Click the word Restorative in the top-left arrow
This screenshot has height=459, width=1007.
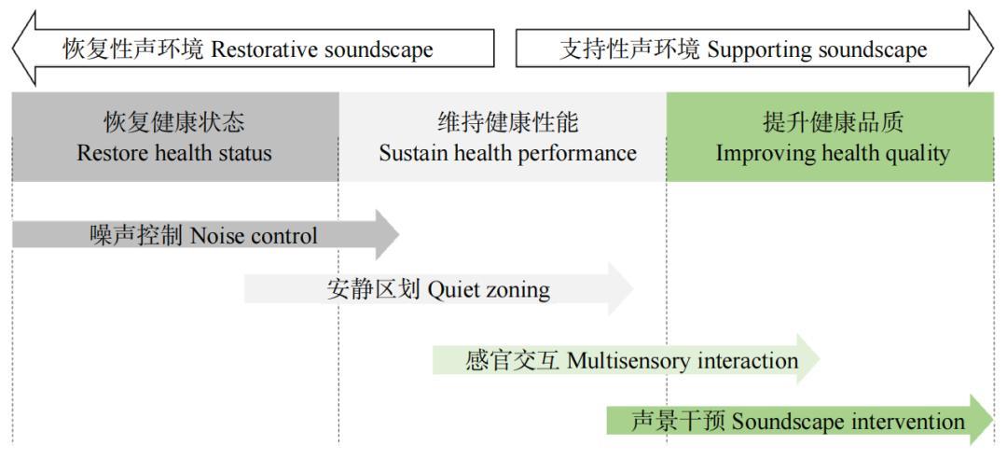(264, 49)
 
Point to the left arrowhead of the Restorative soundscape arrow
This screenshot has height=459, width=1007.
(23, 49)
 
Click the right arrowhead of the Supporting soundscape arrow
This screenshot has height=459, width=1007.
(981, 49)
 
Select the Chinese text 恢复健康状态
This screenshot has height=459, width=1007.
(174, 122)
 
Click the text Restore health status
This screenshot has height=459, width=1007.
(174, 153)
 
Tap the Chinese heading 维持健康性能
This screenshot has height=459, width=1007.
(508, 122)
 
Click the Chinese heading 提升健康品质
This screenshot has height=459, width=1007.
(833, 122)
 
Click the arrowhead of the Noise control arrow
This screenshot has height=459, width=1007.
(387, 234)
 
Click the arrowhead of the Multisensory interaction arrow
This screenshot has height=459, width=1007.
(807, 359)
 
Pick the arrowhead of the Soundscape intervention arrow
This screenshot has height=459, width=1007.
(982, 420)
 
